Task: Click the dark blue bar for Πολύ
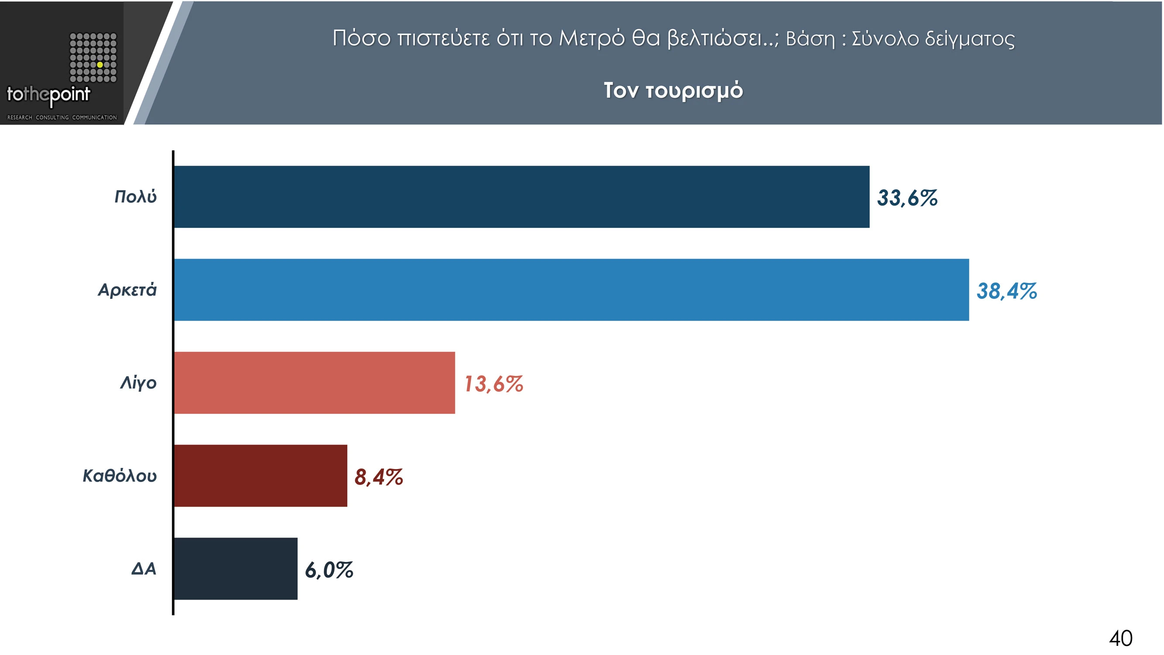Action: pos(522,196)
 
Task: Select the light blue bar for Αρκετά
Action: pos(571,290)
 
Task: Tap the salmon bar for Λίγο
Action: pos(315,383)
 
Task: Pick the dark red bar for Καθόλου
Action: pos(261,476)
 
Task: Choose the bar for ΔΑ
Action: pos(236,569)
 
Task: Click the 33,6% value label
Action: pos(907,198)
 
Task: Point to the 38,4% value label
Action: pos(1006,291)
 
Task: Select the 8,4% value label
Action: pos(378,477)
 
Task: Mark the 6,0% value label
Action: pos(329,570)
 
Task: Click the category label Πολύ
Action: pos(135,197)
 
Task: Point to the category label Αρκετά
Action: pos(127,290)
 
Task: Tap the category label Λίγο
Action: pos(138,383)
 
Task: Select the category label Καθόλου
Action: pos(119,476)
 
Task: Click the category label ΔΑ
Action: pos(143,569)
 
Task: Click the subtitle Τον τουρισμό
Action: pos(673,90)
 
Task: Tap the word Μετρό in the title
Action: pos(591,38)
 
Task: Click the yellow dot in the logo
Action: pos(100,65)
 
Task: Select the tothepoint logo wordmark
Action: pos(48,95)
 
